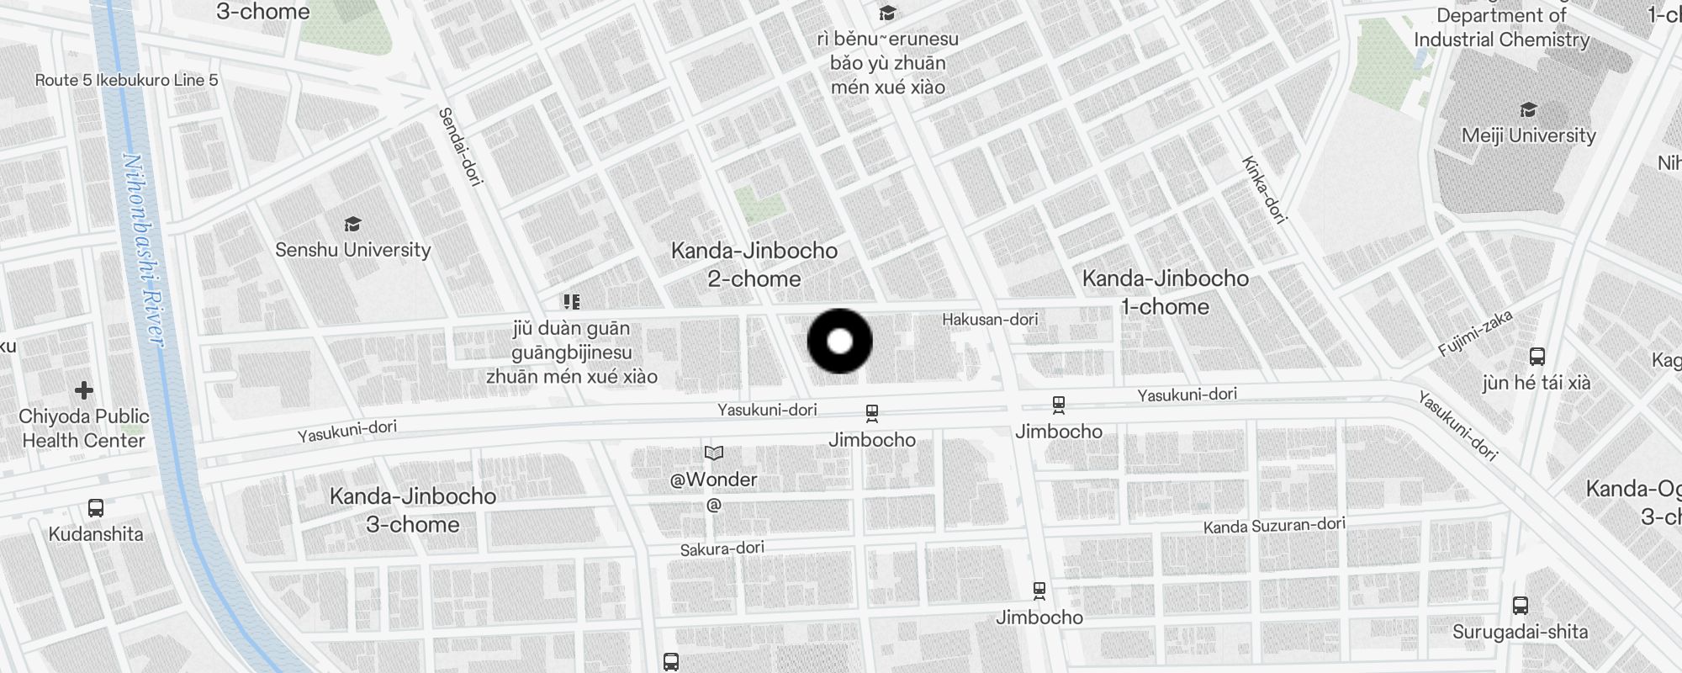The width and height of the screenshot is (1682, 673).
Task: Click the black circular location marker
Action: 839,341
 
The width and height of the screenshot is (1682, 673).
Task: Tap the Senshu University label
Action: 353,250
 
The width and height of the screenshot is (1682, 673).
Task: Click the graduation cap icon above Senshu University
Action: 353,225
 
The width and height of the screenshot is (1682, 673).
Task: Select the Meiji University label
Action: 1528,135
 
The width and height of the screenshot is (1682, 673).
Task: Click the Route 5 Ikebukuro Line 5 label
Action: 126,81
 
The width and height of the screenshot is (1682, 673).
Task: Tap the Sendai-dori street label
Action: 460,146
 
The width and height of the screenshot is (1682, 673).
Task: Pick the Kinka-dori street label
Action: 1264,190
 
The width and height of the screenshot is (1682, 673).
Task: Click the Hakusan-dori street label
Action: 990,320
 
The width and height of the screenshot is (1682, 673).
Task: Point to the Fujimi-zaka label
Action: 1475,333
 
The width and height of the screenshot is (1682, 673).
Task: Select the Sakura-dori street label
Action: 722,548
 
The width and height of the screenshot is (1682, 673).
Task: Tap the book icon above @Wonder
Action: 714,453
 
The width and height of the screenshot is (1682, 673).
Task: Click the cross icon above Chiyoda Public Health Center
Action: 84,390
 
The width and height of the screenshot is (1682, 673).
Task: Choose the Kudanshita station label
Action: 96,534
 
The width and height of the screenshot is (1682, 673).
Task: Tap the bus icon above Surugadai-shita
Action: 1520,605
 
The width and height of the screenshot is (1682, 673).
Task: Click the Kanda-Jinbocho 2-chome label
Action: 754,264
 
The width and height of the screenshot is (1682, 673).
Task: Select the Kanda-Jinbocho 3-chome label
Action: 413,510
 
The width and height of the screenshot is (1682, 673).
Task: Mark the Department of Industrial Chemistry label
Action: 1501,28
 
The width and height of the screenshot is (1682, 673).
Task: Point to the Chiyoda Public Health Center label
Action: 84,428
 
